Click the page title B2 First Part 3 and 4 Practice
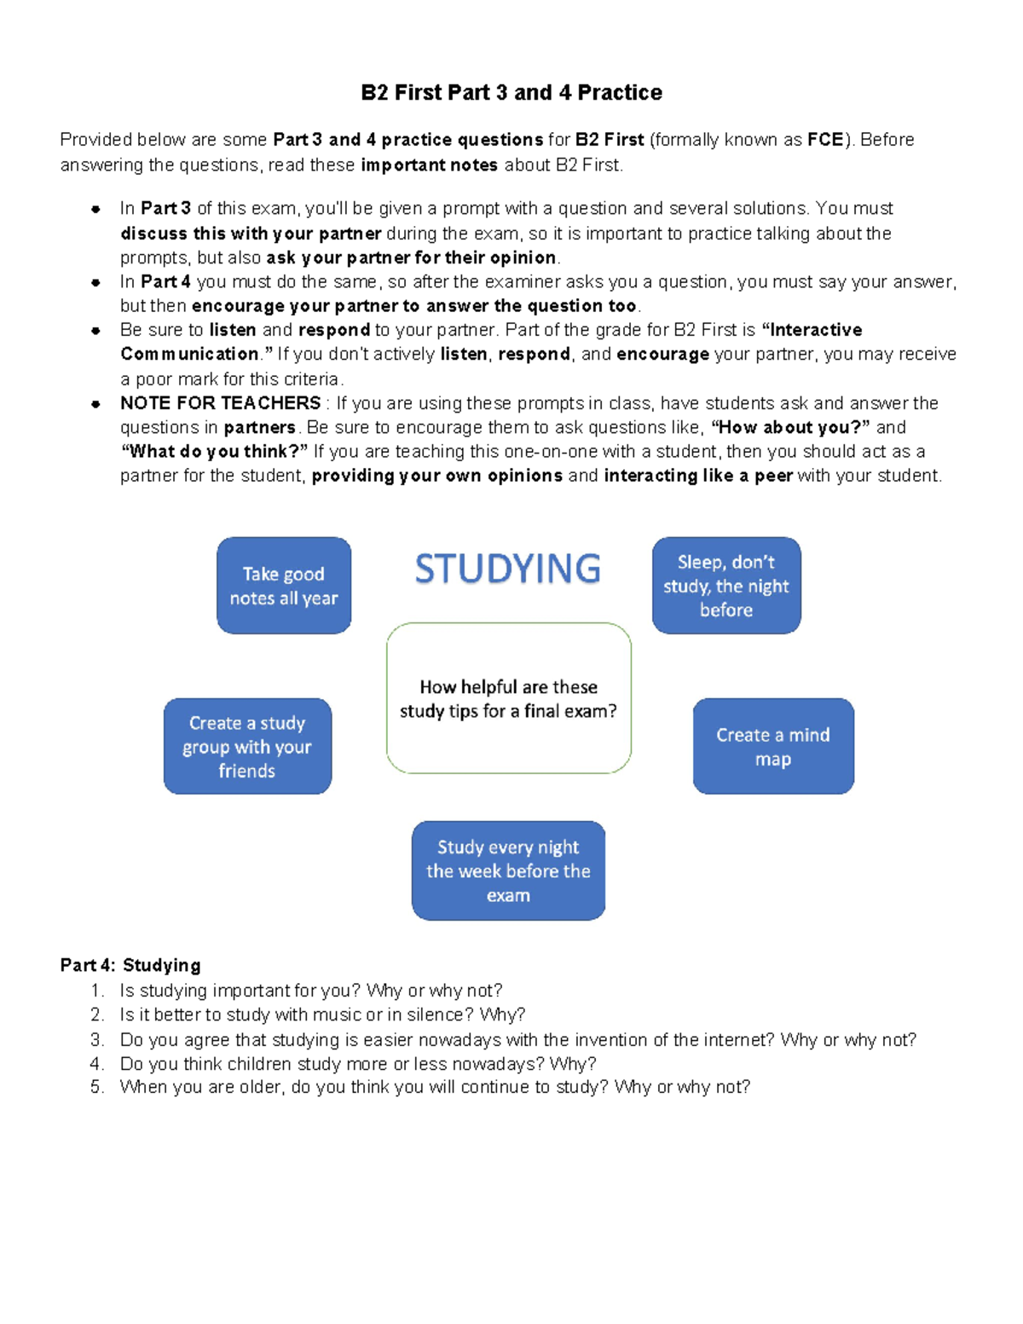click(511, 92)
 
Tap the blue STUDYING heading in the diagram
click(508, 569)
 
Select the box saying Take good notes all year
click(284, 586)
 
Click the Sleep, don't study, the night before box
click(726, 586)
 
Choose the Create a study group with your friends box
click(247, 747)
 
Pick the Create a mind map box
click(773, 747)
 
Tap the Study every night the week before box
click(508, 870)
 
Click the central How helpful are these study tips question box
click(508, 698)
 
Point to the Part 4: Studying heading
click(130, 965)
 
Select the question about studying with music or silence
click(322, 1015)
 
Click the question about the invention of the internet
click(517, 1039)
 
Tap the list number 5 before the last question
click(96, 1087)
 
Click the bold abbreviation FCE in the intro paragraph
click(825, 140)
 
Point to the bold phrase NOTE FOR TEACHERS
click(220, 403)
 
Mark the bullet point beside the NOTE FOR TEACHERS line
click(96, 404)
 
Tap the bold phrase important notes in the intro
click(429, 165)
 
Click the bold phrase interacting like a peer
click(698, 476)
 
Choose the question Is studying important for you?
click(311, 991)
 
